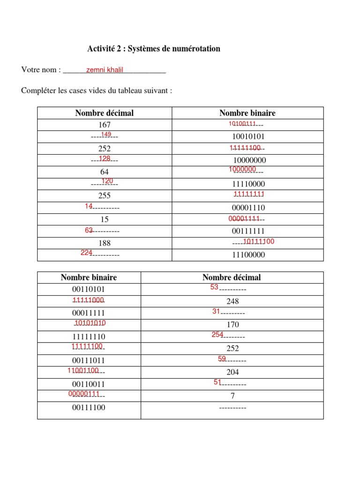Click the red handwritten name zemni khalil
pos(105,70)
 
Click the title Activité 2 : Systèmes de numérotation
pos(154,49)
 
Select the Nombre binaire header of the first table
pos(247,113)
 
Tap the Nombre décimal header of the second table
pos(232,277)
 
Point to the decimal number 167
pos(105,125)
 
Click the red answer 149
pos(106,135)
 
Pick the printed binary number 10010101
pos(249,137)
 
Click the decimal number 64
pos(105,172)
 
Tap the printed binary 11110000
pos(249,184)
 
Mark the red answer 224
pos(86,253)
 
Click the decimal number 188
pos(105,243)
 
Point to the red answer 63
pos(89,230)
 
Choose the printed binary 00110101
pos(89,289)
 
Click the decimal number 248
pos(232,301)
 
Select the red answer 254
pos(217,334)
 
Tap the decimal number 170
pos(232,325)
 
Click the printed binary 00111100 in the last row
pos(89,408)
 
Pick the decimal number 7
pos(232,396)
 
